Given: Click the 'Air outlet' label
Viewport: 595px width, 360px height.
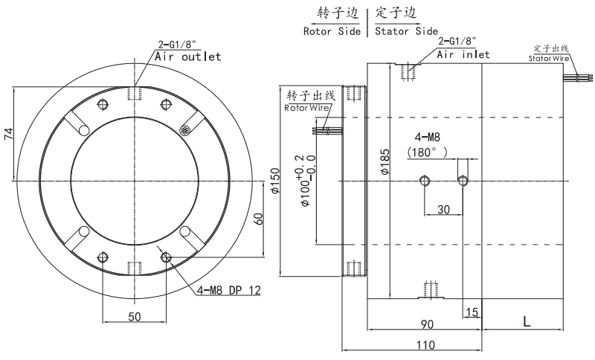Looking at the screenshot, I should coord(188,57).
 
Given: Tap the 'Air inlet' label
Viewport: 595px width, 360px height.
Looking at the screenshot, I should coord(463,54).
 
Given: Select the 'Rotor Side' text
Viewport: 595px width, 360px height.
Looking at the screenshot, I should coord(331,31).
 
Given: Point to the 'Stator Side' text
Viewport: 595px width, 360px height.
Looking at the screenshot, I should coord(406,31).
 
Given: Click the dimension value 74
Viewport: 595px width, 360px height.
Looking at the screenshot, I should coord(9,134).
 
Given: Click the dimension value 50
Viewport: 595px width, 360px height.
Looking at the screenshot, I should coord(134,317).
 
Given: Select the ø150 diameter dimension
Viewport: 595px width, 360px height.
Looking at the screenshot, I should coord(274,181).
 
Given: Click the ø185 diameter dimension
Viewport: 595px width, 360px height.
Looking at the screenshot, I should coord(385,161).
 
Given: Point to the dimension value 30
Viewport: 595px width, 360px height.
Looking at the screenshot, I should coord(443,210).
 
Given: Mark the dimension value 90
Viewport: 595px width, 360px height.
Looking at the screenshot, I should coord(427,324).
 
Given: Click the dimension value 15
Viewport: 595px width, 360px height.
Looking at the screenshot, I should coord(471,311).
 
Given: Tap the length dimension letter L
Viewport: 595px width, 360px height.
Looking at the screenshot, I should coord(526,321).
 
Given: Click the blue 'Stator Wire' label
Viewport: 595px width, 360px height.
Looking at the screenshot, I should coord(550,58).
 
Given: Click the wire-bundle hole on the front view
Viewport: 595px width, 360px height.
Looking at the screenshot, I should coord(186,129).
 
